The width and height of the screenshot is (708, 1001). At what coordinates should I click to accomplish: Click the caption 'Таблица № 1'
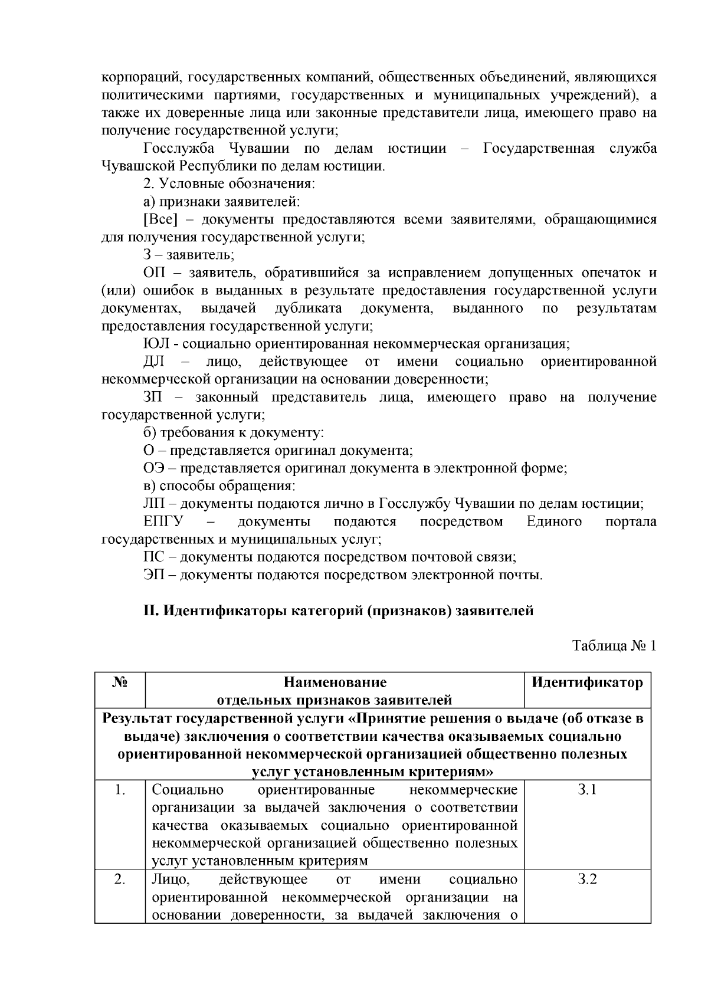614,645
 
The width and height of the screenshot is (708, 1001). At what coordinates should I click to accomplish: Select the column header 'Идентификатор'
587,682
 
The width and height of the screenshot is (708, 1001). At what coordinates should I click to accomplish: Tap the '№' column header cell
120,682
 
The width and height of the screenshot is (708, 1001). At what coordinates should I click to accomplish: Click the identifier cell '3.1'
587,790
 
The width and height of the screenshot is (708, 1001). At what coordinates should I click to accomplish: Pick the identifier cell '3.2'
587,879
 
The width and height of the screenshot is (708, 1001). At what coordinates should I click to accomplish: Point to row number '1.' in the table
120,790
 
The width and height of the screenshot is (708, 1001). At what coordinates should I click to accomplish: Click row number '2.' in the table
120,879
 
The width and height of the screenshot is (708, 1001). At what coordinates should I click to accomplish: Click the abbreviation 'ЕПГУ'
163,521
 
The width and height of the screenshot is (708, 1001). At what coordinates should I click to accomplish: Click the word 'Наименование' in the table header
335,682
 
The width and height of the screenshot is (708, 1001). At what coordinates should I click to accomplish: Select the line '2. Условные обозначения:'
230,183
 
